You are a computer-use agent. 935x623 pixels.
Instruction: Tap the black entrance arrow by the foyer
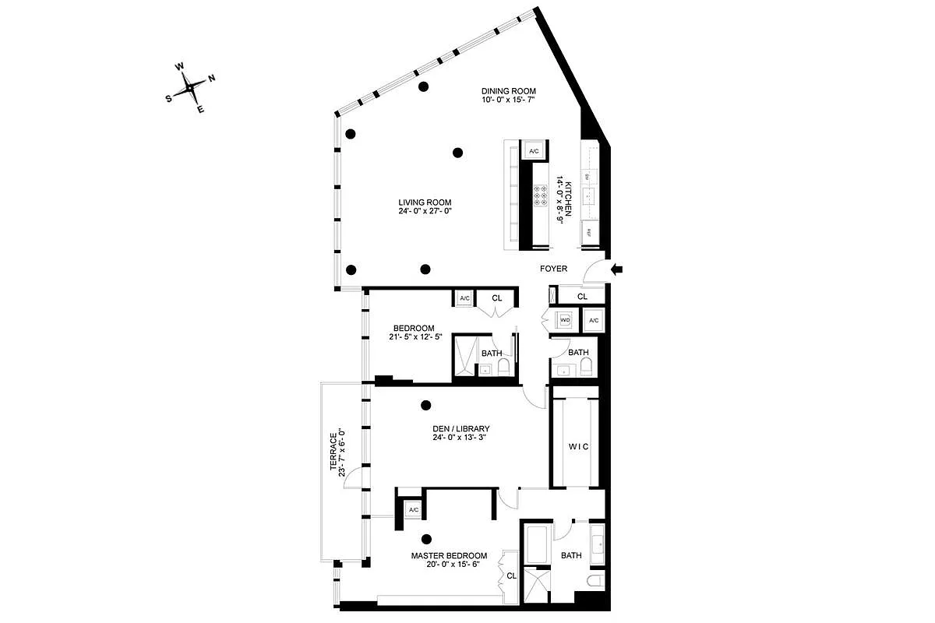[x=617, y=269]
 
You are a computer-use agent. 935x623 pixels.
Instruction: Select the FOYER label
[x=554, y=269]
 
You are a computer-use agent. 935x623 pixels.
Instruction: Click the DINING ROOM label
[x=508, y=91]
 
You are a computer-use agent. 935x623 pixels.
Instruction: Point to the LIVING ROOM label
[x=425, y=202]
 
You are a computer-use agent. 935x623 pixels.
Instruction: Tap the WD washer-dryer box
[x=565, y=320]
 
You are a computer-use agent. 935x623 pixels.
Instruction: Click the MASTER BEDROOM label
[x=449, y=556]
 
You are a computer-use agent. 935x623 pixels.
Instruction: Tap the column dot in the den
[x=425, y=405]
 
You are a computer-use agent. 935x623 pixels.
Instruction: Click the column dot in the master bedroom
[x=427, y=538]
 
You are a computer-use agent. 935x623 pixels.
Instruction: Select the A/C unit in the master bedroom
[x=414, y=510]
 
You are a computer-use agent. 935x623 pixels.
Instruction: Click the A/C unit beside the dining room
[x=534, y=151]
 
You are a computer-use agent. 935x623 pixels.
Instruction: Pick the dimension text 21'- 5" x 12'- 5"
[x=414, y=337]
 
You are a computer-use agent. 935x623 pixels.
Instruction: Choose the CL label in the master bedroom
[x=511, y=576]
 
